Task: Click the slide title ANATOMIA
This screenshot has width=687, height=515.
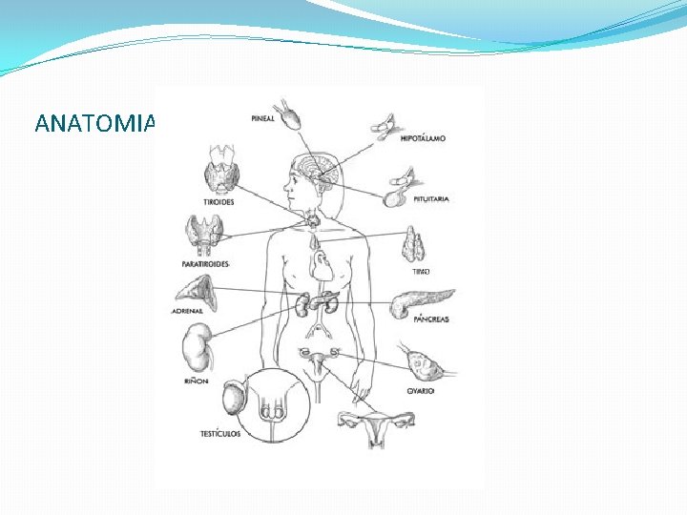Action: pos(93,123)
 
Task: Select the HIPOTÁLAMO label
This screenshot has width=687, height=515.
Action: pos(423,139)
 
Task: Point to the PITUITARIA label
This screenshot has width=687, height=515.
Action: pos(430,199)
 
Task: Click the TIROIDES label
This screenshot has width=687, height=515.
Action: pos(219,202)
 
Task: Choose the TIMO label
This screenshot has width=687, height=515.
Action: pos(421,272)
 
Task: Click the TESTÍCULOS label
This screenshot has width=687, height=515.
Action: pos(220,434)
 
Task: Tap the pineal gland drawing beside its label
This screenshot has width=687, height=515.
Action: pos(287,115)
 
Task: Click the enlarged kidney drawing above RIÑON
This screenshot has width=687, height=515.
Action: pos(198,347)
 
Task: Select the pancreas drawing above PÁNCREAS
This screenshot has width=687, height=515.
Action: pos(420,302)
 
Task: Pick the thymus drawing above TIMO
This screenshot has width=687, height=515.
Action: pos(414,244)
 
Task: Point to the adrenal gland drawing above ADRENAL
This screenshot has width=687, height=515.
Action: pos(197,291)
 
